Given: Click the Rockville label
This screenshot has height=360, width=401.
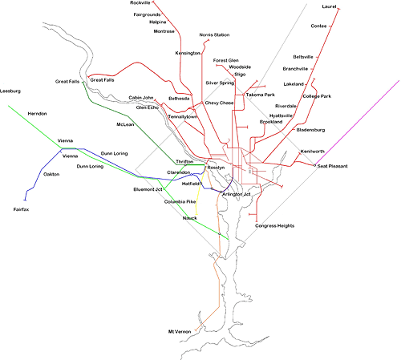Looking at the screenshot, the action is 140,3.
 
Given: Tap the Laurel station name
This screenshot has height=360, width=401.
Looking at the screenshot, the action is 329,6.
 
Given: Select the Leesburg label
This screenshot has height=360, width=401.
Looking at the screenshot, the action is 10,91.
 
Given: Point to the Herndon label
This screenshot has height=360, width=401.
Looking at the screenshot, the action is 37,114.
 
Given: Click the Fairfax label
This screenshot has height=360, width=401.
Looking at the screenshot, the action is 21,209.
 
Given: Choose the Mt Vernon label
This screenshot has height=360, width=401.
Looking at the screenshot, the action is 180,332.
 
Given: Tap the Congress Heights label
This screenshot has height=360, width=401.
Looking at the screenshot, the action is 274,226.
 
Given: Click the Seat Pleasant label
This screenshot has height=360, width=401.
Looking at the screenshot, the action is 333,166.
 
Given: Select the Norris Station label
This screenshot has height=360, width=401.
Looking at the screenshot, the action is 214,35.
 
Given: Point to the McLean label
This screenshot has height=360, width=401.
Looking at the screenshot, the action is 125,124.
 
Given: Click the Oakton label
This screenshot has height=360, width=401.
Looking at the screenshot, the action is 51,174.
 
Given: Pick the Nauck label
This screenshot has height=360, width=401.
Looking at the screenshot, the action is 190,218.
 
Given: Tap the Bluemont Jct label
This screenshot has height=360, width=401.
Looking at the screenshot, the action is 148,189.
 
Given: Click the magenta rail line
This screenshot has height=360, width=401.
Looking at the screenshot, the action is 357,123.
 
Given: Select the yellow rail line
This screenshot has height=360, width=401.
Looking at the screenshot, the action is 200,192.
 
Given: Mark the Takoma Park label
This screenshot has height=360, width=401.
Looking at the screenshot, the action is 261,95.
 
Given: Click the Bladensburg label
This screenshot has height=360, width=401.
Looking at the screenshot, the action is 310,130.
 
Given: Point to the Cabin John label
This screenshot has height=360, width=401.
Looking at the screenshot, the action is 141,98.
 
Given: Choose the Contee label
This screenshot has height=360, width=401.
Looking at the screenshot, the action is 318,26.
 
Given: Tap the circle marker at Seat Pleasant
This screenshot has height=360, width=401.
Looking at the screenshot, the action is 315,166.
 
